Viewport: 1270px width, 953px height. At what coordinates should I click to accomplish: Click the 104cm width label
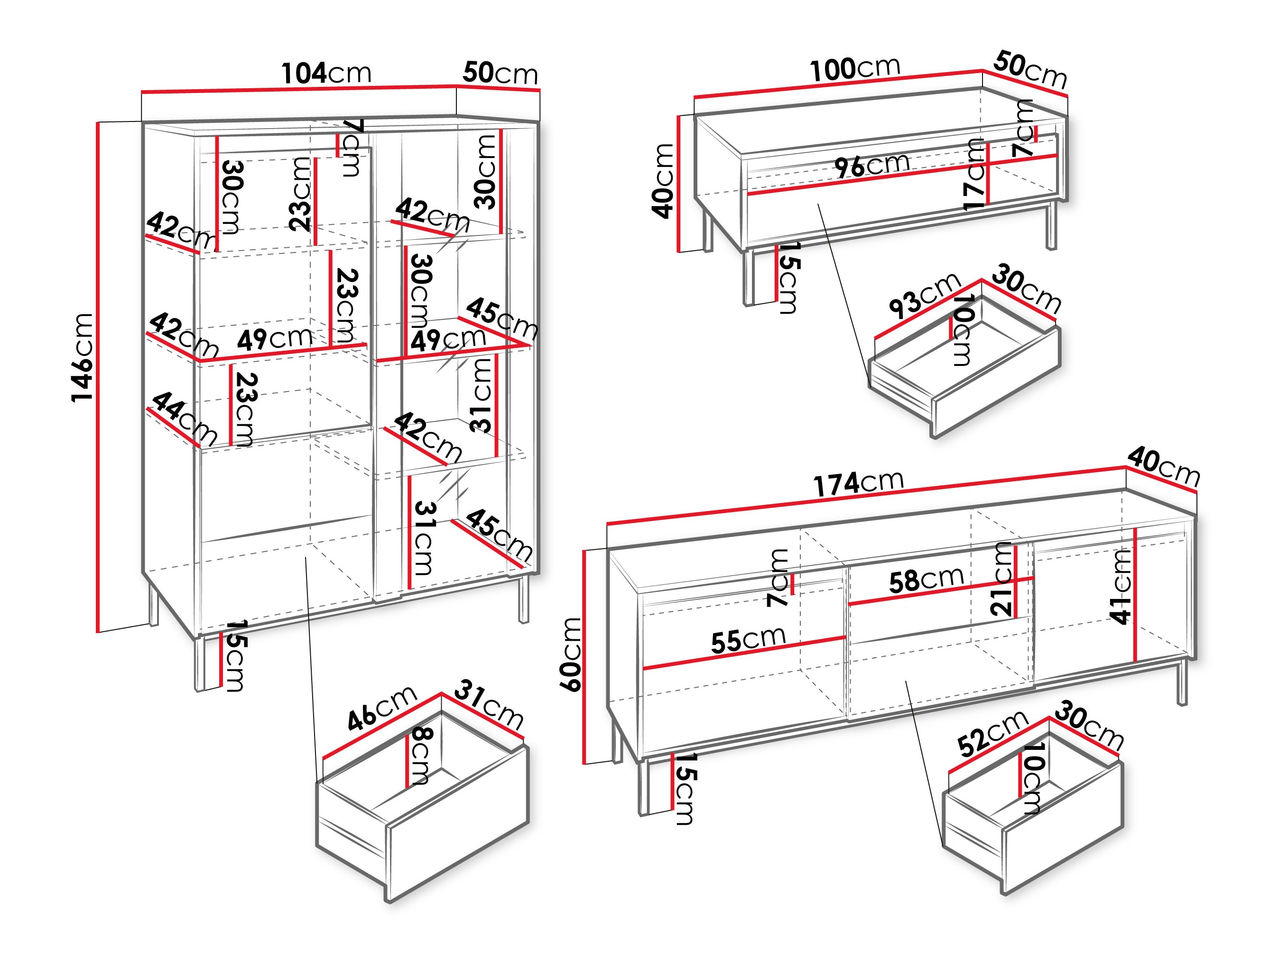pos(326,74)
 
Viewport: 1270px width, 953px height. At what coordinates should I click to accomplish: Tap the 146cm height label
pos(82,357)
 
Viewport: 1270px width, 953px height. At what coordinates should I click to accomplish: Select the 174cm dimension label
pos(858,483)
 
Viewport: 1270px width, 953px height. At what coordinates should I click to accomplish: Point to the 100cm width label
pos(855,69)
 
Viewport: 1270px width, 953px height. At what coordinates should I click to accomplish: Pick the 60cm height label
pos(571,654)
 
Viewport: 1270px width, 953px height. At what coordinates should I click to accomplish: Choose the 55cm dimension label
pos(748,640)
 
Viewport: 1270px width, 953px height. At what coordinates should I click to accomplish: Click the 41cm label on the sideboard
pos(1121,587)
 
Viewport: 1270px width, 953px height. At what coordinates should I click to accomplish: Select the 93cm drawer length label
pos(924,295)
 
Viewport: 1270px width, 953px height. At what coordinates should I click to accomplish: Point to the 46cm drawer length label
pos(381,708)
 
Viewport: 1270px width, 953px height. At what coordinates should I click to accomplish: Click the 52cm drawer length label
pos(992,733)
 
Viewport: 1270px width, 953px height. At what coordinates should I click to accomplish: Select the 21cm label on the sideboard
pos(1002,579)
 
